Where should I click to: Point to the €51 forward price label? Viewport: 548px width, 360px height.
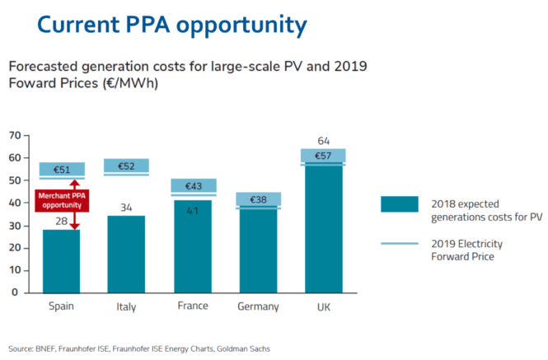(60, 170)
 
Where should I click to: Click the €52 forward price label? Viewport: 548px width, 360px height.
(126, 166)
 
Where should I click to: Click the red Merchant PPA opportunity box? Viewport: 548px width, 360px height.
(60, 200)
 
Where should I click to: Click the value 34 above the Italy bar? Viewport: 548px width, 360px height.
(126, 207)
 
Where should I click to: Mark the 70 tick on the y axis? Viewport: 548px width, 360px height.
(14, 135)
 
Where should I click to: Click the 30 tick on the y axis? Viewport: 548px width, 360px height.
(14, 225)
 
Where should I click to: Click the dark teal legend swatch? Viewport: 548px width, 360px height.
(400, 203)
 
